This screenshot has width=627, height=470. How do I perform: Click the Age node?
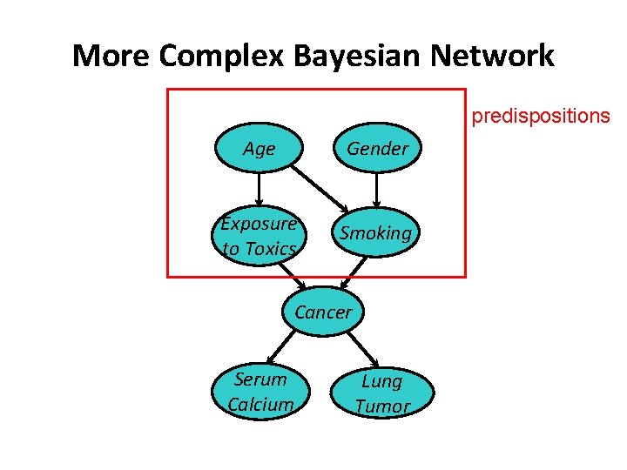pos(259,149)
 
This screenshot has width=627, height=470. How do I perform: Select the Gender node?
pos(377,149)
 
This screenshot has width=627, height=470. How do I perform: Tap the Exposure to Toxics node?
pos(259,235)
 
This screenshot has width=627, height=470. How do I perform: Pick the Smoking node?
pos(375,232)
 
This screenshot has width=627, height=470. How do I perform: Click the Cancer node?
pos(323,312)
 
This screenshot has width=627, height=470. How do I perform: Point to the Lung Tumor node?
pos(381,393)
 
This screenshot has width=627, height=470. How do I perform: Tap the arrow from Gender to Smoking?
pos(376,190)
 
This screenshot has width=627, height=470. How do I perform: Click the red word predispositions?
pos(541,116)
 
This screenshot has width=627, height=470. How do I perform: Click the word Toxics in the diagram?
pos(269,249)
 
